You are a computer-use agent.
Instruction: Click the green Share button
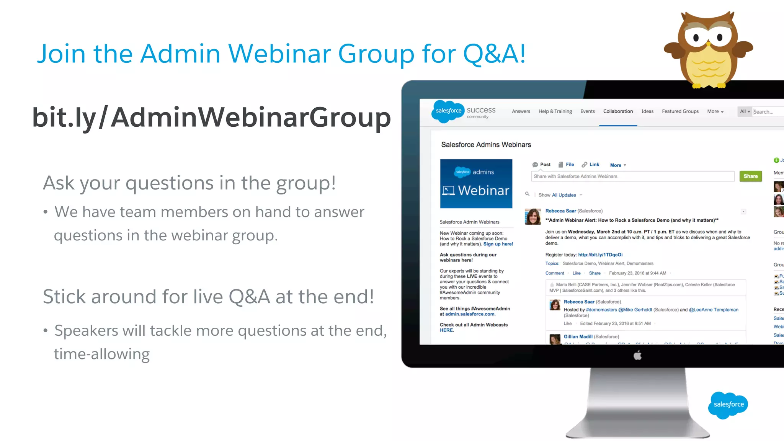click(x=750, y=176)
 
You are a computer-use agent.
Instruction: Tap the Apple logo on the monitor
click(x=637, y=356)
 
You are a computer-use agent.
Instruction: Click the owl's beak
click(x=708, y=43)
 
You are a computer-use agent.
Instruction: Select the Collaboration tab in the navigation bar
click(x=618, y=111)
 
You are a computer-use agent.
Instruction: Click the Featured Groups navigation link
click(x=680, y=111)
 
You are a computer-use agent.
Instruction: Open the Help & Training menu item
click(x=555, y=111)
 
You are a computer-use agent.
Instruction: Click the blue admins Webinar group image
click(x=476, y=184)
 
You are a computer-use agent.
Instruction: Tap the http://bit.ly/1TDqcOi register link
click(x=600, y=255)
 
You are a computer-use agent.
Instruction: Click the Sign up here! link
click(x=498, y=244)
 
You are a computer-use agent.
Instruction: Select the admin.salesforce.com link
click(x=470, y=314)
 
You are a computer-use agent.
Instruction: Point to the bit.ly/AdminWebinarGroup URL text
click(x=211, y=117)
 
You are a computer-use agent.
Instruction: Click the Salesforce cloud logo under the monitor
click(x=728, y=405)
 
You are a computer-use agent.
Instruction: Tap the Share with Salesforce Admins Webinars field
click(x=632, y=176)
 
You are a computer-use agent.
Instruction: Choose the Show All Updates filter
click(x=557, y=195)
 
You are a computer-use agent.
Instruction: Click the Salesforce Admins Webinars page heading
click(x=486, y=145)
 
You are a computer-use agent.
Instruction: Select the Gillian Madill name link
click(x=578, y=336)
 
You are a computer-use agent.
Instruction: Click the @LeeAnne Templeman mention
click(x=714, y=310)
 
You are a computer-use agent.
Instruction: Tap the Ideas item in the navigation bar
click(x=647, y=111)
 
